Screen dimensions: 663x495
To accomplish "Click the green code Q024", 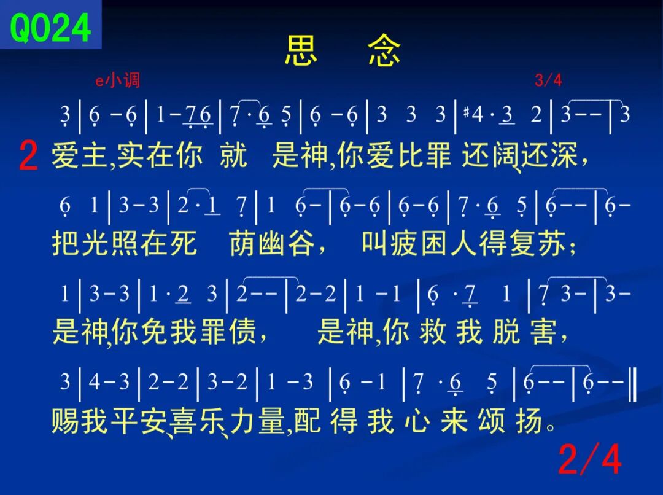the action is point(50,28).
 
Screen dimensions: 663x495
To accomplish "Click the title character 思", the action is point(301,50).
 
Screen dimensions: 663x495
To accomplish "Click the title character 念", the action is point(384,50).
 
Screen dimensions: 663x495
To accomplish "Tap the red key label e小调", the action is point(117,80).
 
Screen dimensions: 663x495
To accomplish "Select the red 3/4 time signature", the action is point(548,80).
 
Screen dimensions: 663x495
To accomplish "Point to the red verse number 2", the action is point(28,156).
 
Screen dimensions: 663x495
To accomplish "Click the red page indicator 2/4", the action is point(590,459).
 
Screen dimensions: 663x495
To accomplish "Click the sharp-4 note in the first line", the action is point(473,114).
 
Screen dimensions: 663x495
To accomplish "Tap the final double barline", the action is point(632,384).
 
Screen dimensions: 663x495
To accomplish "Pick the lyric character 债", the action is point(242,330).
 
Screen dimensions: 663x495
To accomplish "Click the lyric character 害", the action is point(543,330).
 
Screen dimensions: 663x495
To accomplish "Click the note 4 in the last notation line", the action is point(94,381).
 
